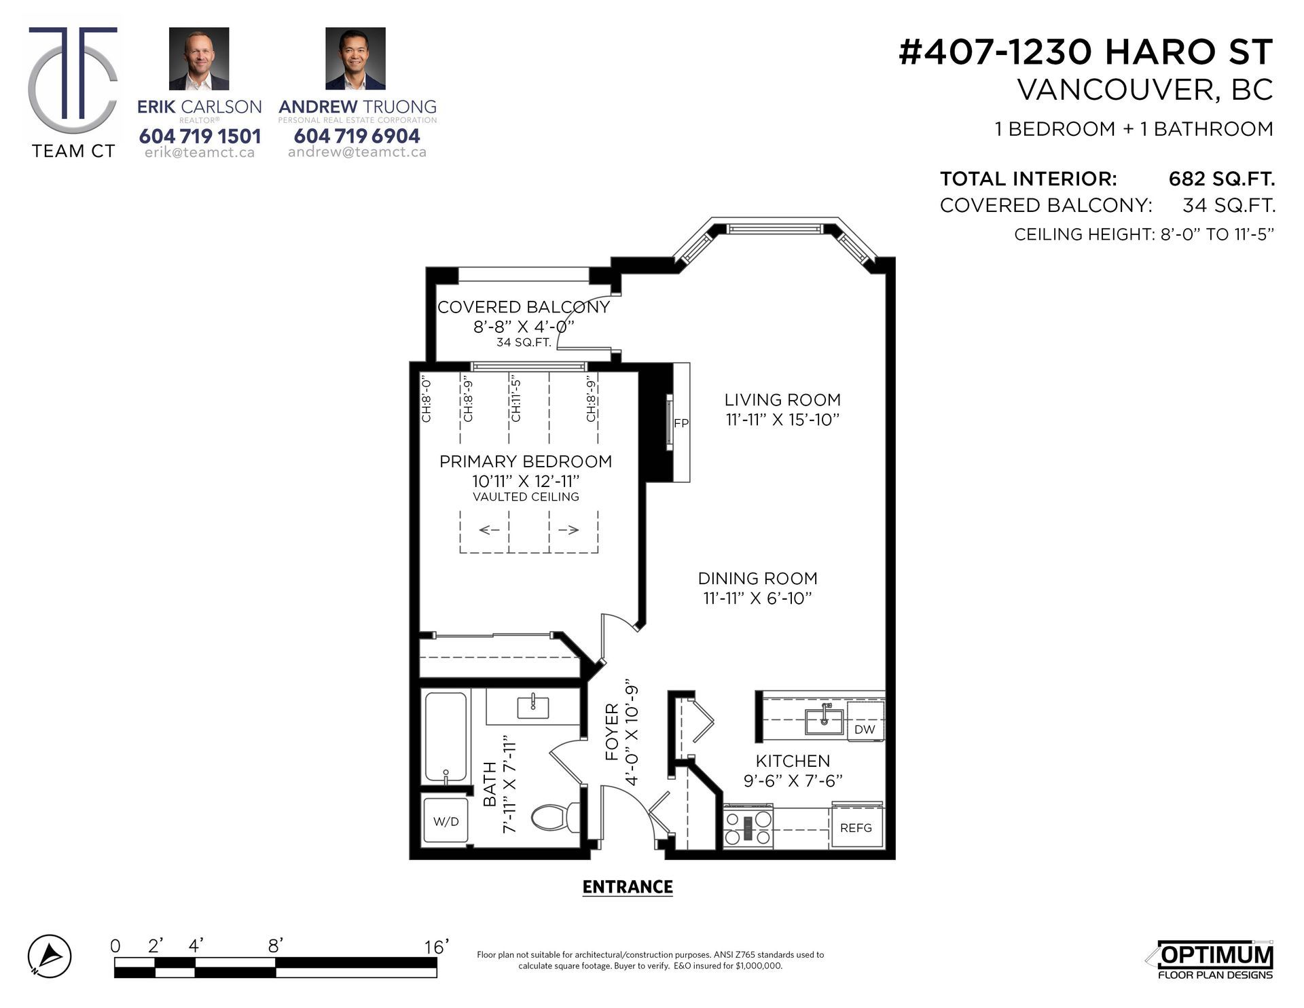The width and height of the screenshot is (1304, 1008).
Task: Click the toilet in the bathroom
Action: [554, 817]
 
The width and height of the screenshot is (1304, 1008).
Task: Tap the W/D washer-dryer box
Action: [446, 821]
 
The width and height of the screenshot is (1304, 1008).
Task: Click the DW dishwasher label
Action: [865, 730]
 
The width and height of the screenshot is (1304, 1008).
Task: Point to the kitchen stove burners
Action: [748, 827]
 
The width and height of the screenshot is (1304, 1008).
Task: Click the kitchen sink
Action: [824, 721]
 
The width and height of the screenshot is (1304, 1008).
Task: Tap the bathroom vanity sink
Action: [533, 707]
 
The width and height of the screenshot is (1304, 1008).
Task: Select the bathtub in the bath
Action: [446, 736]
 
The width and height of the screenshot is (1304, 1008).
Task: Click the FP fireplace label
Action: [681, 423]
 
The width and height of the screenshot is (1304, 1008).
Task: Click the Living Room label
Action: [782, 399]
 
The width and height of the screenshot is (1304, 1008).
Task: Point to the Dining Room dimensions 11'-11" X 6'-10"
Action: [757, 598]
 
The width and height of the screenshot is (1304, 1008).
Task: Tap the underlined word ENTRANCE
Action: [628, 887]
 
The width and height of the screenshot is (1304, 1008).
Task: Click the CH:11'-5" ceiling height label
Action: [515, 399]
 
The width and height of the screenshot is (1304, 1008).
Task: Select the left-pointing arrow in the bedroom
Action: [490, 530]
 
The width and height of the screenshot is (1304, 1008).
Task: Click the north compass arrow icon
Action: [50, 956]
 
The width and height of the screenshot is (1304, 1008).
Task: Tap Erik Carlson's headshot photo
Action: [199, 58]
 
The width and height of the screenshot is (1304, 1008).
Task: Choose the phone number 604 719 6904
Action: [357, 136]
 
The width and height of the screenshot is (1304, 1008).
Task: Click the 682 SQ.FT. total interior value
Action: [1222, 179]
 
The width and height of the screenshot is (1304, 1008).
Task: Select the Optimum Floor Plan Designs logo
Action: [1214, 960]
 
